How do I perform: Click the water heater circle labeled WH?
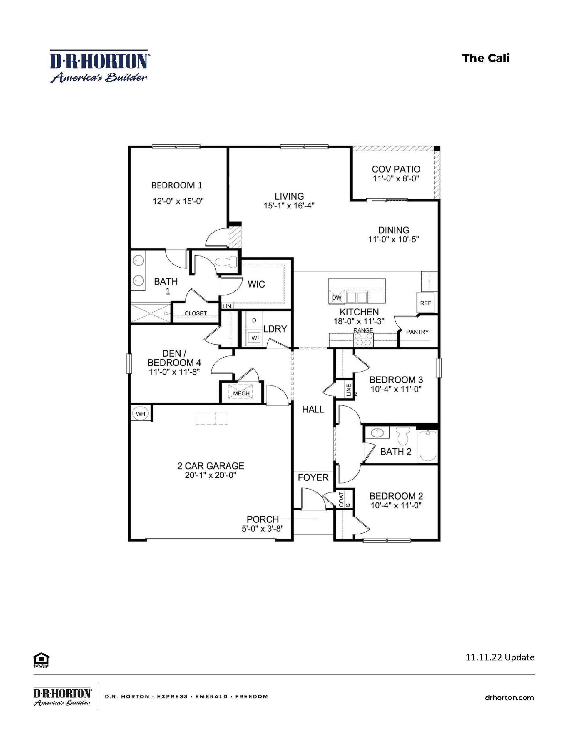tap(140, 414)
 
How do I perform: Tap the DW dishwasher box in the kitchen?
tap(337, 298)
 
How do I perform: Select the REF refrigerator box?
tap(425, 303)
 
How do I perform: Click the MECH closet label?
tap(241, 393)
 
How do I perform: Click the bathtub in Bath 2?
tap(428, 446)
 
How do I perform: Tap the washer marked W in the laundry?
tap(254, 338)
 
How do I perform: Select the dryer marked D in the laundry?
tap(254, 320)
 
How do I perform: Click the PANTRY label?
tap(417, 332)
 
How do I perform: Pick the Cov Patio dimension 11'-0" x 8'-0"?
tap(396, 179)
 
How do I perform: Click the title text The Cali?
tap(486, 58)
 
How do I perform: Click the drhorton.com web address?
tap(509, 698)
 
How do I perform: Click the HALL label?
tap(313, 409)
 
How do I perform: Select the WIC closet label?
tap(256, 284)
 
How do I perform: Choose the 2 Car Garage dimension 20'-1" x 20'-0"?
tap(210, 475)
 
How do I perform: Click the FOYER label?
tap(313, 477)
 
